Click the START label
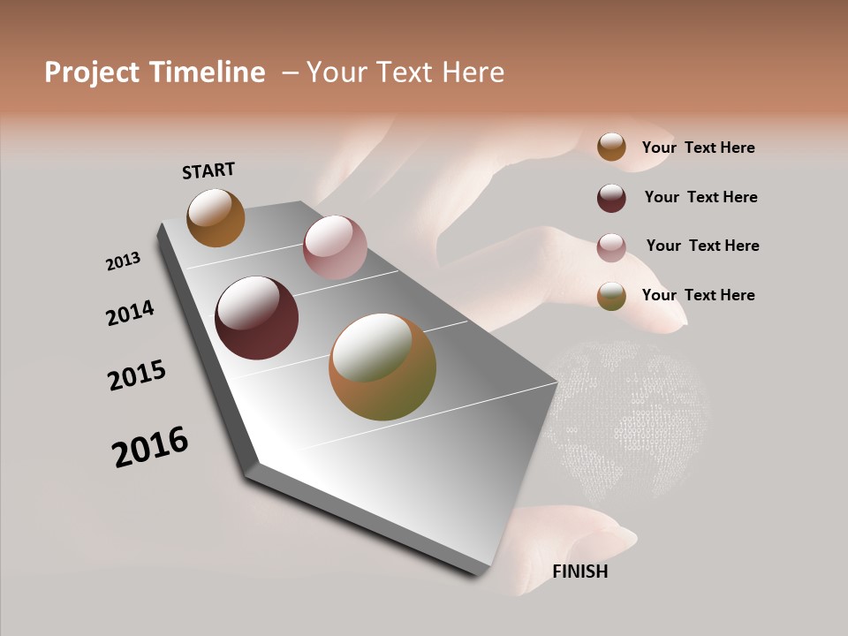pyautogui.click(x=208, y=170)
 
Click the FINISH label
pyautogui.click(x=579, y=572)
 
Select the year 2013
pyautogui.click(x=123, y=261)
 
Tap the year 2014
pyautogui.click(x=130, y=313)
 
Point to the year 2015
pyautogui.click(x=137, y=375)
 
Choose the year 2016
pyautogui.click(x=150, y=447)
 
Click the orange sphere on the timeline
pyautogui.click(x=216, y=217)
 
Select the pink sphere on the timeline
pyautogui.click(x=335, y=247)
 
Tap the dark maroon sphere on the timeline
pyautogui.click(x=256, y=318)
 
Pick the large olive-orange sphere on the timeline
pyautogui.click(x=382, y=367)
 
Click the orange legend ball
pyautogui.click(x=611, y=147)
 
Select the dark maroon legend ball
pyautogui.click(x=611, y=198)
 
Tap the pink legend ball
pyautogui.click(x=611, y=247)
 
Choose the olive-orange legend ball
pyautogui.click(x=611, y=296)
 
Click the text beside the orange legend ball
pyautogui.click(x=698, y=148)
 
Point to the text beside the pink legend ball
pyautogui.click(x=702, y=246)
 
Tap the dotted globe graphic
pyautogui.click(x=631, y=415)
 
